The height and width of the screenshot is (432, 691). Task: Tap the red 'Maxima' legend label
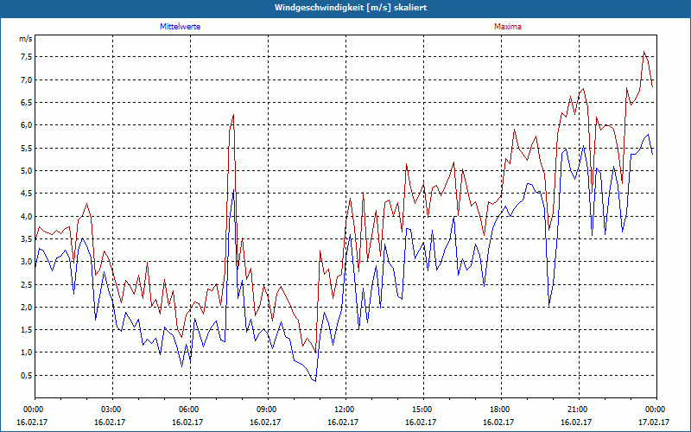point(507,27)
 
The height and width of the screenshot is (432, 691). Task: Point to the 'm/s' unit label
point(25,40)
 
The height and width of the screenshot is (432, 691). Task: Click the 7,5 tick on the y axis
point(25,57)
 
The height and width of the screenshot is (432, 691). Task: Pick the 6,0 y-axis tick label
point(25,125)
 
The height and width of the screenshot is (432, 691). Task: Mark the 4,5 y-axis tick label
point(25,194)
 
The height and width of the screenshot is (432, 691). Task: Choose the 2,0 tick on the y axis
point(25,307)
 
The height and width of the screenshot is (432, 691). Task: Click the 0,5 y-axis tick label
point(25,375)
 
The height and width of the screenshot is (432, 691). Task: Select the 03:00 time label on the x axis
point(111,409)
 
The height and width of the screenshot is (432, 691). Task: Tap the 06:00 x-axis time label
point(189,409)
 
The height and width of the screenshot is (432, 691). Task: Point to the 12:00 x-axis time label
point(345,409)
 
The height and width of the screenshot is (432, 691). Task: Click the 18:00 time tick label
point(500,409)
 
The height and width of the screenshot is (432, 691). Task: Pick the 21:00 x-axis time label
point(578,409)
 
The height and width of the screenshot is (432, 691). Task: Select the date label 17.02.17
point(655,422)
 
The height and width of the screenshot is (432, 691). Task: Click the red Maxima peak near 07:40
point(233,115)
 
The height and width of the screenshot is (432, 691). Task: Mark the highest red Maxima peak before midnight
point(644,52)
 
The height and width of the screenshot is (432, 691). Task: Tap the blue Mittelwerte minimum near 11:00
point(315,381)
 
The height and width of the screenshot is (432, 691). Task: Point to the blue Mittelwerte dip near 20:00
point(549,305)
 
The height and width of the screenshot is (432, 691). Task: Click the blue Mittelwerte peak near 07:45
point(233,191)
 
